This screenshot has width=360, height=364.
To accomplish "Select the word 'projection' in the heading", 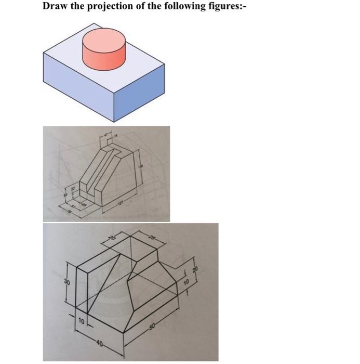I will point(111,7).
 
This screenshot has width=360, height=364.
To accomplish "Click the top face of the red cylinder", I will point(104,39).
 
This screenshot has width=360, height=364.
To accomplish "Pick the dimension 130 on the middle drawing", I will point(139,166).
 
